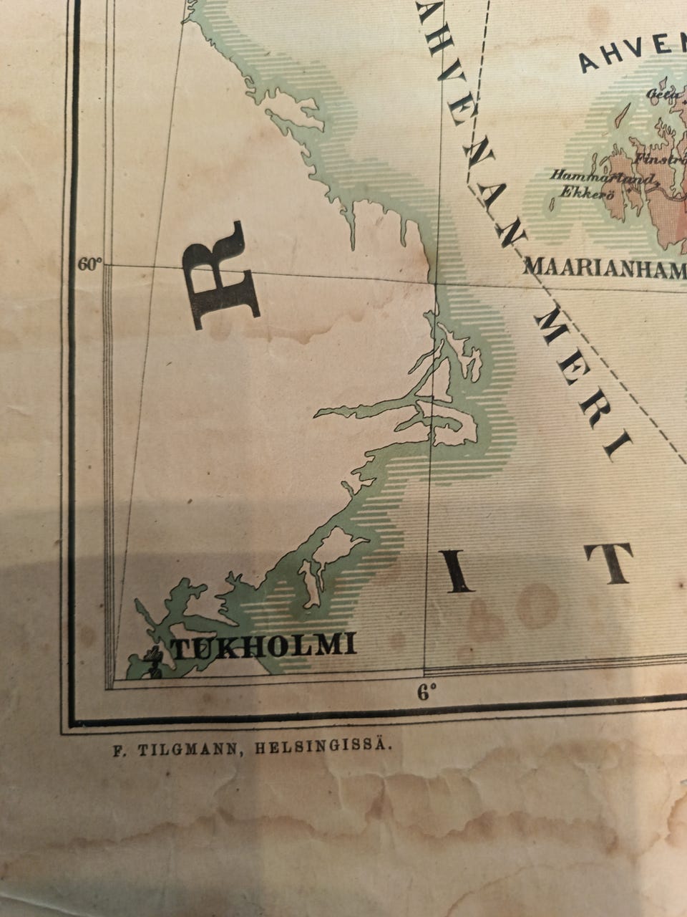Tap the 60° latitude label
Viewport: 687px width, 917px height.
tap(89, 264)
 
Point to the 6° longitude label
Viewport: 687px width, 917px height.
tap(427, 692)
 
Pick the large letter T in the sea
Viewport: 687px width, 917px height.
tap(609, 563)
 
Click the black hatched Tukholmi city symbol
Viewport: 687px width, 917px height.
tap(152, 661)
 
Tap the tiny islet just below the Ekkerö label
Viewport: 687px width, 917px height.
tap(552, 205)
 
